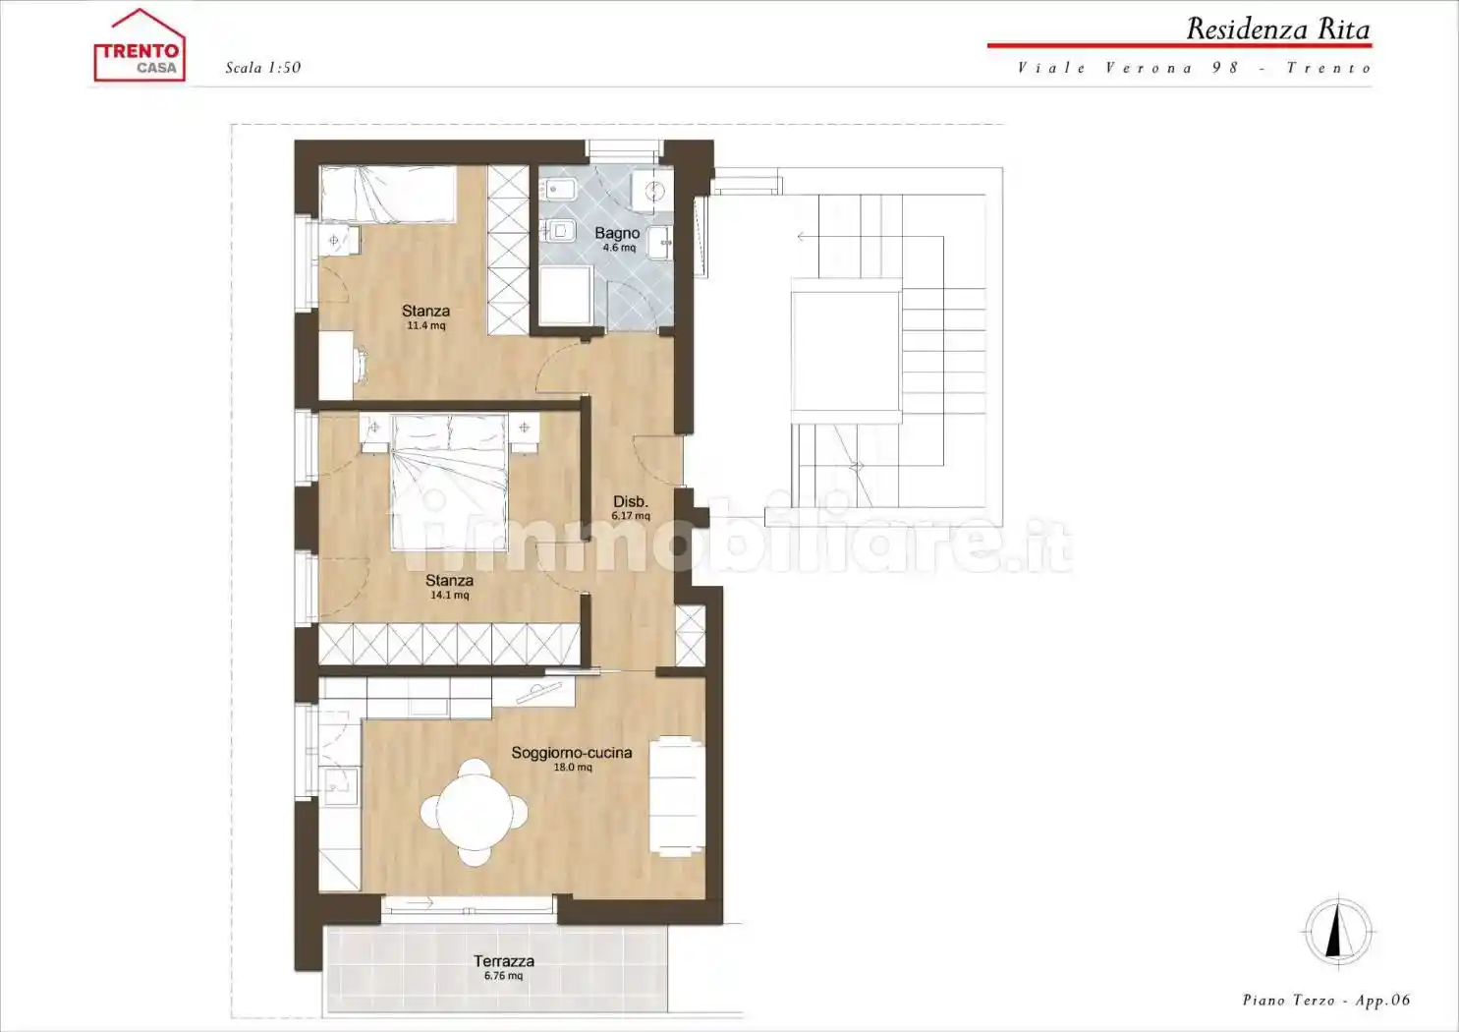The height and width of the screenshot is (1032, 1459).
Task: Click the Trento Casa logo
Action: (x=140, y=45)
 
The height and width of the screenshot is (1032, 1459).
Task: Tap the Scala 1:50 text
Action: (x=263, y=68)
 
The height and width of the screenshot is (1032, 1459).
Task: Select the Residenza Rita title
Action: (x=1278, y=29)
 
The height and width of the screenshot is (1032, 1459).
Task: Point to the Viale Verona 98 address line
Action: (x=1195, y=68)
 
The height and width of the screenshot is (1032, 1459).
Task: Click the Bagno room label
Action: (x=617, y=233)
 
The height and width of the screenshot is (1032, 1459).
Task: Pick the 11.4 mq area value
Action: (x=426, y=325)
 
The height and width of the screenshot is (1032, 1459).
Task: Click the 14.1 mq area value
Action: (x=449, y=595)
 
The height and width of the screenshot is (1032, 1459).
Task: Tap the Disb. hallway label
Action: (x=631, y=501)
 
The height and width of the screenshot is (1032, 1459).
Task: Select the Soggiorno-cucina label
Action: (x=571, y=753)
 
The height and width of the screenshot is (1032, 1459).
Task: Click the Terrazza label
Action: (x=503, y=961)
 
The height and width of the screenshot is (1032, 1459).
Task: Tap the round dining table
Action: (x=475, y=813)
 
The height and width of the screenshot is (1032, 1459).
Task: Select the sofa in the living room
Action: (x=677, y=795)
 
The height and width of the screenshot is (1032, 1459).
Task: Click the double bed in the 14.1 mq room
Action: (x=449, y=482)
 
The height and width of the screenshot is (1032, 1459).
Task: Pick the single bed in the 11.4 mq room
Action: (x=388, y=195)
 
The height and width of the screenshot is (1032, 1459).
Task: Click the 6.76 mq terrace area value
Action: (x=503, y=975)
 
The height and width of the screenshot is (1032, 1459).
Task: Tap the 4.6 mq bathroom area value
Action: (x=619, y=248)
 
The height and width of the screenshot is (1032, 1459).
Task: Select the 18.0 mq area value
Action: (x=573, y=767)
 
